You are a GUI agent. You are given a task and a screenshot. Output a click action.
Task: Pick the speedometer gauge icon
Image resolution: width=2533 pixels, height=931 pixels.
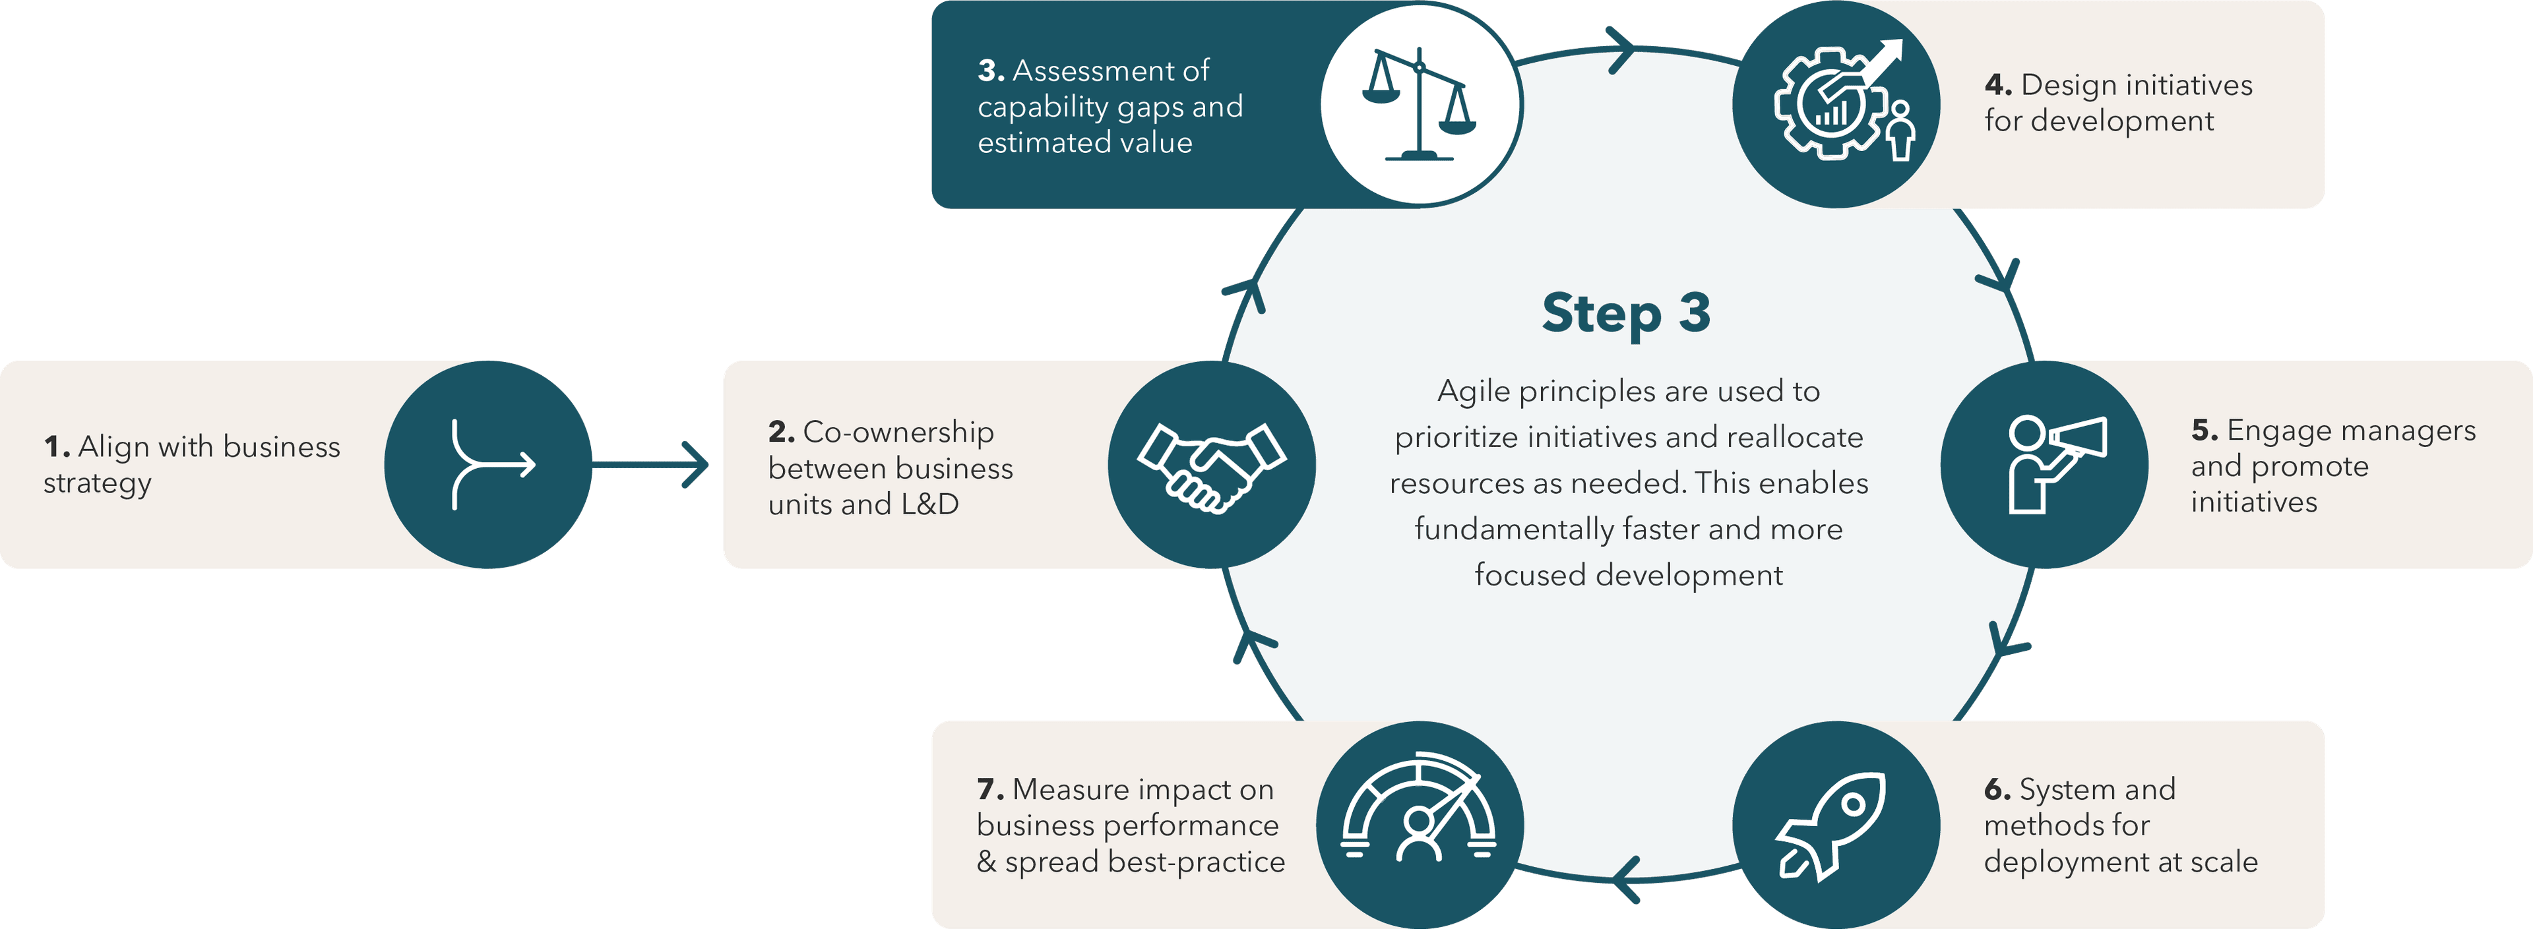click(1419, 808)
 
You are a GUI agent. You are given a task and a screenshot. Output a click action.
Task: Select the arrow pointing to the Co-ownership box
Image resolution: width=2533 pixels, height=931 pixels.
click(654, 464)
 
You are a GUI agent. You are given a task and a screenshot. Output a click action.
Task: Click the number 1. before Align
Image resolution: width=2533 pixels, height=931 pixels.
click(57, 447)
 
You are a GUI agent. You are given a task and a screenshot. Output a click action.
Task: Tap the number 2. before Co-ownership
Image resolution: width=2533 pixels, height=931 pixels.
click(781, 433)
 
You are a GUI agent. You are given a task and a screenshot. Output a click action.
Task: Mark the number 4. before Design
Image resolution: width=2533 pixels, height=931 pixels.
click(1998, 86)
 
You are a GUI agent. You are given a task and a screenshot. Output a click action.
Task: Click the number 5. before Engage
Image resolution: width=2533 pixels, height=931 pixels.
click(2205, 431)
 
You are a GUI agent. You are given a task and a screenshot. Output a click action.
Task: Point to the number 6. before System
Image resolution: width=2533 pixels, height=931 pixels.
click(1997, 789)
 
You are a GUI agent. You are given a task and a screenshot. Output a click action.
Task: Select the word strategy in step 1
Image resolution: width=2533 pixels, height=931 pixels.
click(98, 485)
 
